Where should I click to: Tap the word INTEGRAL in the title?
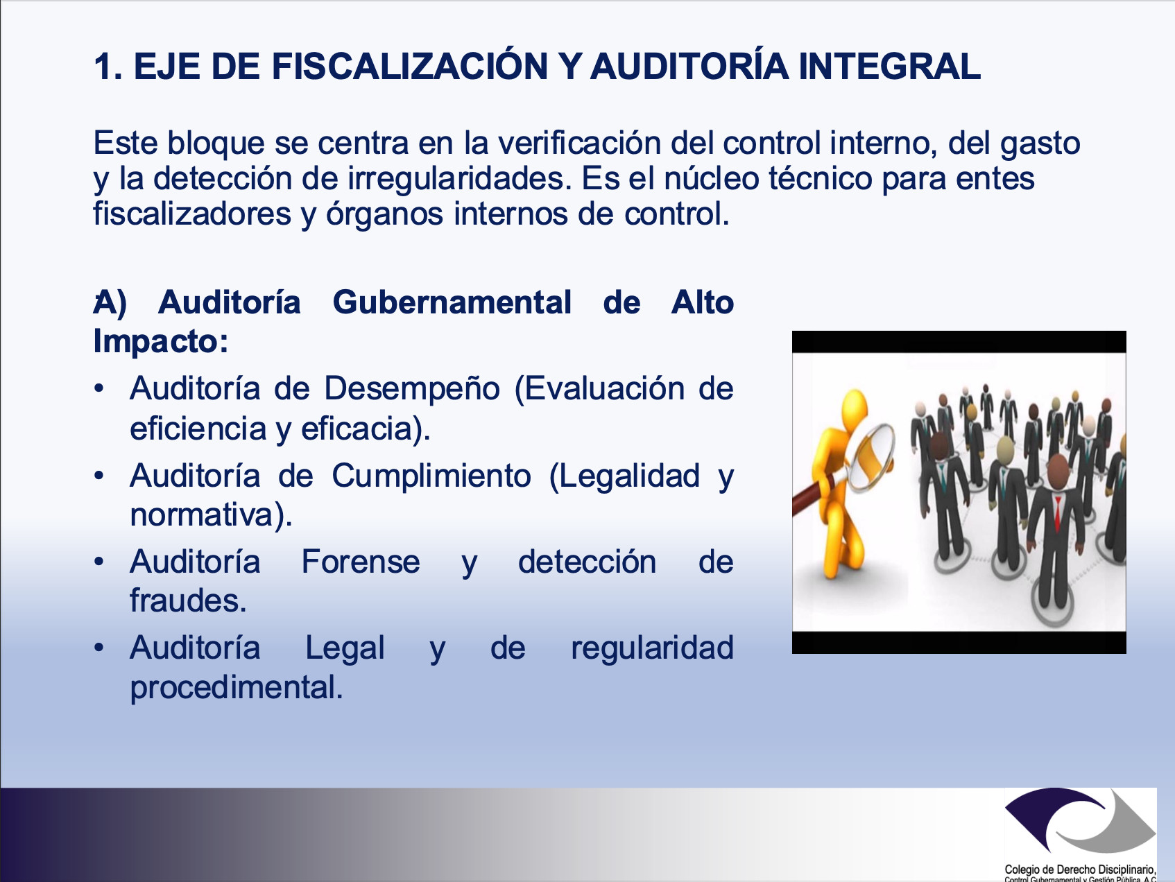pos(889,67)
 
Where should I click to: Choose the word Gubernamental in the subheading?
pos(452,302)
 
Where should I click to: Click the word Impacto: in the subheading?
pos(161,341)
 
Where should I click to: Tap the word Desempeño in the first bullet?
pos(412,389)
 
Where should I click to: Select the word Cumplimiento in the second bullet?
pos(431,476)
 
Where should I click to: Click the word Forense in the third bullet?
pos(361,562)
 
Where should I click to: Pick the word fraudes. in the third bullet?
pos(188,600)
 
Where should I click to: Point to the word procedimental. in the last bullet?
pos(237,688)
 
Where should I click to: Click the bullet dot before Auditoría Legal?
pos(100,647)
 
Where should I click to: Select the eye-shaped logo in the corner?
pos(1080,823)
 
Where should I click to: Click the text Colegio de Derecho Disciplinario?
pos(1080,869)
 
